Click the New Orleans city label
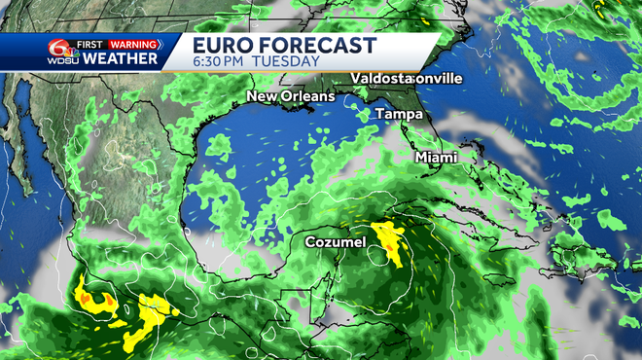pos(290,96)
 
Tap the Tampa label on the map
pos(400,114)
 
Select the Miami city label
pos(435,157)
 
